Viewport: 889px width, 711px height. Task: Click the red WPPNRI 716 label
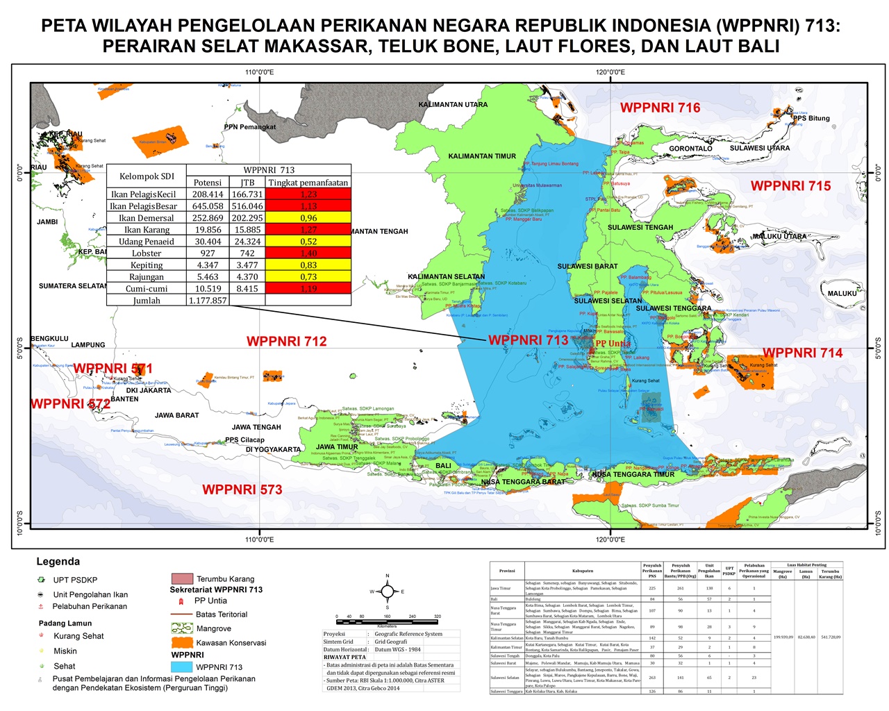(660, 108)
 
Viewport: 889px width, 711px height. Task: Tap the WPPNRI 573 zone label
(242, 490)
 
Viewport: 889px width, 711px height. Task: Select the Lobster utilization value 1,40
(308, 253)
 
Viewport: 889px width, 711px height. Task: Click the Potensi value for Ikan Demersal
(208, 218)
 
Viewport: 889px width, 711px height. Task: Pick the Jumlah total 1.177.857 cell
(208, 301)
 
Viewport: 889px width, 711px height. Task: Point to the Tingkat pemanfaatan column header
(308, 182)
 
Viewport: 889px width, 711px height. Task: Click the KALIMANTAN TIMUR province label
(482, 156)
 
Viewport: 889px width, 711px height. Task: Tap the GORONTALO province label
(690, 149)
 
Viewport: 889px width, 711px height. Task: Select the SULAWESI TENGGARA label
(673, 308)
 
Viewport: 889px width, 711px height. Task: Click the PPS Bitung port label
(812, 118)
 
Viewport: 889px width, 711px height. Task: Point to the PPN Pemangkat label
(250, 127)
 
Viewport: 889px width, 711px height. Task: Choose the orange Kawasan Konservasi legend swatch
(181, 642)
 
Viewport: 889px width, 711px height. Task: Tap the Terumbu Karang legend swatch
(181, 578)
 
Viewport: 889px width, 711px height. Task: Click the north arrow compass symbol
(388, 592)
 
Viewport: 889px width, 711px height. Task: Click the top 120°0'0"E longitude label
(610, 72)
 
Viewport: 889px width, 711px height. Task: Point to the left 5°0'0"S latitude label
(20, 348)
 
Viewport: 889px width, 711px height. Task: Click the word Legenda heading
(58, 562)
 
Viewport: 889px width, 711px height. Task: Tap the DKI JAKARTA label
(149, 390)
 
